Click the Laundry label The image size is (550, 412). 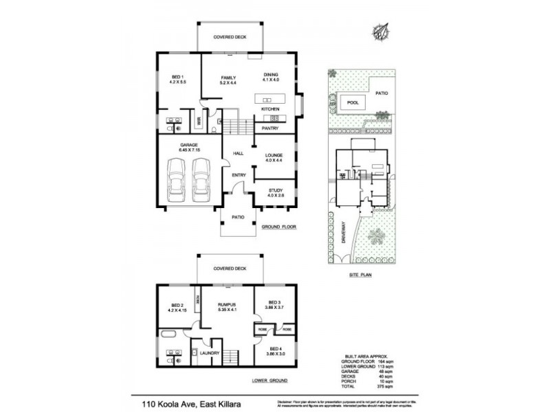(x=210, y=353)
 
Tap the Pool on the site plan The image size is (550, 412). (x=353, y=103)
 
